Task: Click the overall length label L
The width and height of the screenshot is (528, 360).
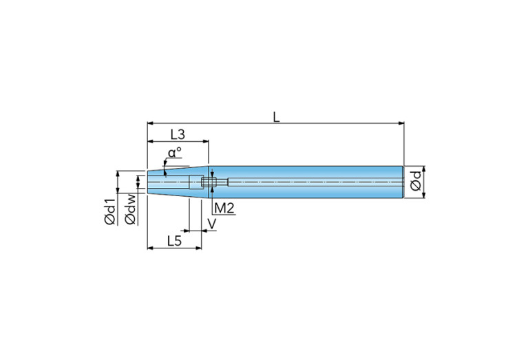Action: [x=276, y=117]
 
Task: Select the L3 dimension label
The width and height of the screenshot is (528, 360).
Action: [x=178, y=135]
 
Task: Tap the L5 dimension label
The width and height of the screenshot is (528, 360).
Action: [x=174, y=241]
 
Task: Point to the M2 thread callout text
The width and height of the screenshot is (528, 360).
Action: [x=224, y=209]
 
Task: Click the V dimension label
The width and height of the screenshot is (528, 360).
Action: [x=212, y=224]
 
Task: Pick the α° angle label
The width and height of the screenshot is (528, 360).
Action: [x=175, y=153]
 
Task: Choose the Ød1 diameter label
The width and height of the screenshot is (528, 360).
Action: [x=110, y=211]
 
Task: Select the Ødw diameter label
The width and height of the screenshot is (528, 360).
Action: [x=131, y=209]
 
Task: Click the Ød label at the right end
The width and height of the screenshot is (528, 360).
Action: [x=416, y=181]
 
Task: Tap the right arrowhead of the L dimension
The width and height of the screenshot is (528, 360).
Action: [x=401, y=123]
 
